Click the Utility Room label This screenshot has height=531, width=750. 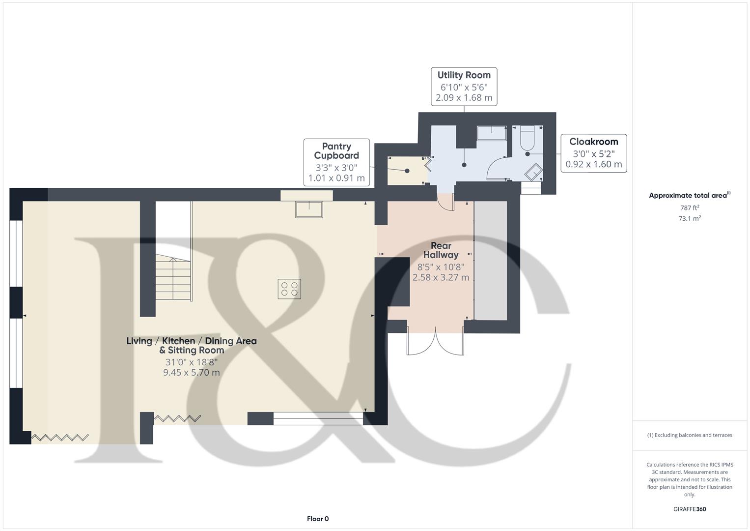(464, 75)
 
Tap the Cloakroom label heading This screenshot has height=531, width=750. (593, 142)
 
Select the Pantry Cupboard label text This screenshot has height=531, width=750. (336, 151)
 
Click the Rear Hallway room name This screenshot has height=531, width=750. (441, 250)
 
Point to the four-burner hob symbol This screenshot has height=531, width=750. (289, 289)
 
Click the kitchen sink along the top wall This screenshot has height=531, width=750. (309, 209)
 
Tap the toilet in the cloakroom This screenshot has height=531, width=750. (527, 138)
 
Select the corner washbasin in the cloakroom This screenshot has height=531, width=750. (533, 173)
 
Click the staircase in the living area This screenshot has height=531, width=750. (173, 280)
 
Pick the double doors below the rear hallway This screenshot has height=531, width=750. (435, 342)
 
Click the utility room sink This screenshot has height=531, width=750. (492, 133)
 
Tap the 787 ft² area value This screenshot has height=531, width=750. (690, 208)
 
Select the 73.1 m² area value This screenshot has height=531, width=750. (690, 219)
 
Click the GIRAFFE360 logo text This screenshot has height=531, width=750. (690, 509)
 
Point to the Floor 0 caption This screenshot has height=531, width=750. (318, 519)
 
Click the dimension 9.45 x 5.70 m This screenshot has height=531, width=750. (192, 373)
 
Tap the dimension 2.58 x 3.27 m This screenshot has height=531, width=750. (441, 278)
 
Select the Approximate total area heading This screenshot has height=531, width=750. (689, 196)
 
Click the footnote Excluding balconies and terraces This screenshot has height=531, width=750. (690, 435)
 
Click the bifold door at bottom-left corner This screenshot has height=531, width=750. (60, 437)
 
